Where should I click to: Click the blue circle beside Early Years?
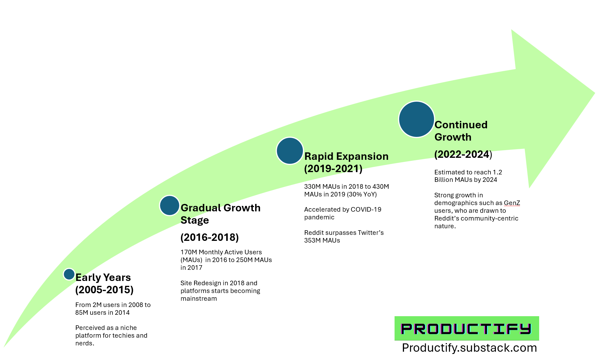tap(69, 274)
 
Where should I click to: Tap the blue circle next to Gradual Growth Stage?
tap(170, 205)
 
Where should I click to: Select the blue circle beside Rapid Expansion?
tap(290, 151)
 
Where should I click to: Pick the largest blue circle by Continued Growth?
tap(416, 119)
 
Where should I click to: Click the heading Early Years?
tap(103, 277)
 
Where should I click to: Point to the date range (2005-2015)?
tap(104, 290)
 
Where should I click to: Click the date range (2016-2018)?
tap(210, 237)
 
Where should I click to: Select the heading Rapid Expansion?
tap(346, 156)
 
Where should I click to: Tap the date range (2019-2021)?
tap(333, 168)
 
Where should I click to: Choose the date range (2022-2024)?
tap(463, 154)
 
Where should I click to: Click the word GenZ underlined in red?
tap(512, 203)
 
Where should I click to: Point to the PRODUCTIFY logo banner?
tap(466, 328)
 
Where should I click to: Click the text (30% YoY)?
tap(362, 194)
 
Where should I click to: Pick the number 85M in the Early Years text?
tap(82, 312)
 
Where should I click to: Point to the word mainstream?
tap(198, 298)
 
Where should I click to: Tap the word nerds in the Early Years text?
tap(84, 343)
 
